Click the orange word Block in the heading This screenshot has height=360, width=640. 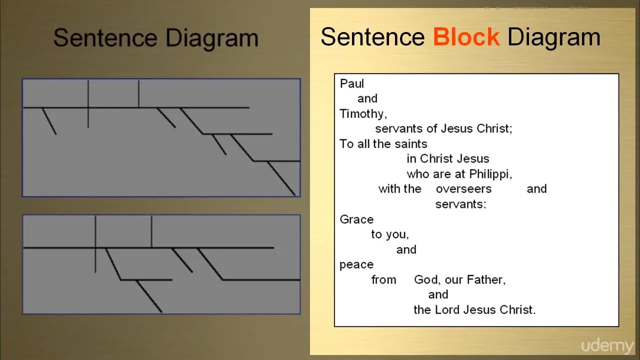466,37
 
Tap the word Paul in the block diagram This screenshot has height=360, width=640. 351,83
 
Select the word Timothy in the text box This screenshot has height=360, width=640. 363,114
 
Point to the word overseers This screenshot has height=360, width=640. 463,189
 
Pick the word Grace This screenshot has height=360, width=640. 356,219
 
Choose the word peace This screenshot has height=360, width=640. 356,265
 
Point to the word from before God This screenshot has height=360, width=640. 383,279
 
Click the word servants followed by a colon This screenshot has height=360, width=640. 460,204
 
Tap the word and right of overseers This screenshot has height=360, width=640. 536,189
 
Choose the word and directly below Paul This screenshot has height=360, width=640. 367,98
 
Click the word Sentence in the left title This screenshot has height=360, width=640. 105,37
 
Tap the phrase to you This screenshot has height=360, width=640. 390,234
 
